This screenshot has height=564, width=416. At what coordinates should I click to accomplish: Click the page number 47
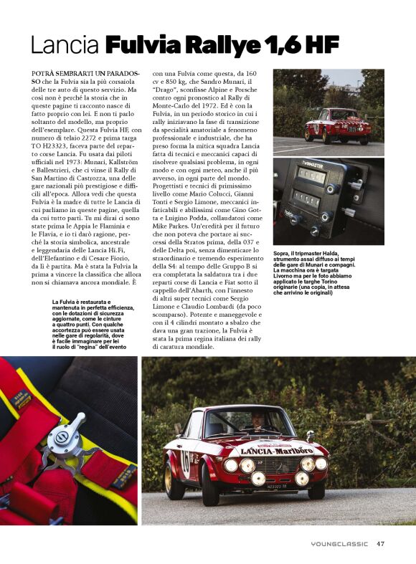pos(381,543)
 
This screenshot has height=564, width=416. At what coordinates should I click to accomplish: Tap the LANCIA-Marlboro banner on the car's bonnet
pos(276,451)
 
